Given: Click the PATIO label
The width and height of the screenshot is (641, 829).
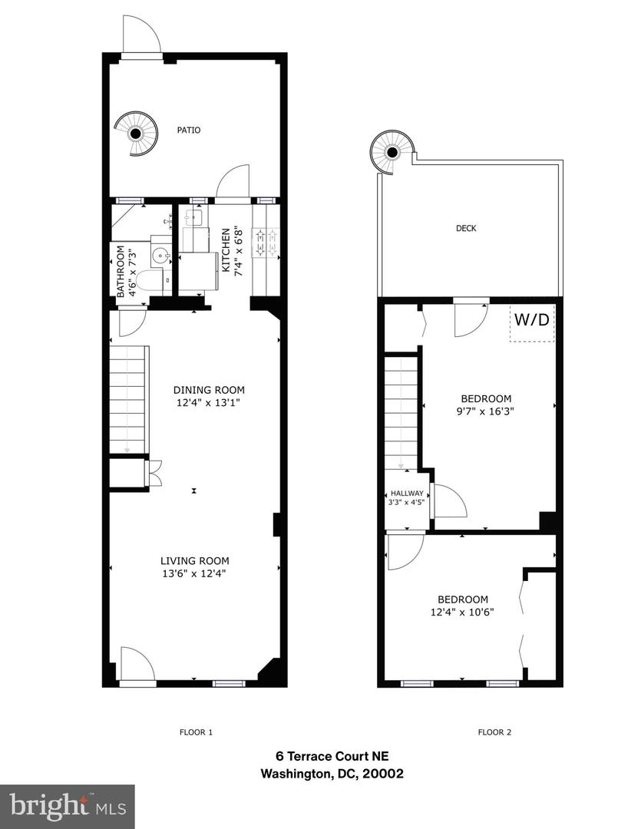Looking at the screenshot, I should (x=188, y=130).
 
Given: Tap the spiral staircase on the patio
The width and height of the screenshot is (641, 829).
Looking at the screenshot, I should (x=136, y=134).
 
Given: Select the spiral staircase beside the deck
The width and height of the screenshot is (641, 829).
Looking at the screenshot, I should (x=392, y=151).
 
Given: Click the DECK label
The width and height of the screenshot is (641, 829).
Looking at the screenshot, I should (x=466, y=228).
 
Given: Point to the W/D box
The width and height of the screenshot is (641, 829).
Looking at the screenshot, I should (x=532, y=321).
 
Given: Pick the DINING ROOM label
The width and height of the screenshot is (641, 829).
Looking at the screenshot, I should (x=203, y=389).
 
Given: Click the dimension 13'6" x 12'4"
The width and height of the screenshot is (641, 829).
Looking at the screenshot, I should (x=194, y=573).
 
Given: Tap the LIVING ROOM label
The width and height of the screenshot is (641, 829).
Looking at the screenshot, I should (x=194, y=560).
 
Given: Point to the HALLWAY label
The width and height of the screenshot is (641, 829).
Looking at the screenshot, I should (x=407, y=494).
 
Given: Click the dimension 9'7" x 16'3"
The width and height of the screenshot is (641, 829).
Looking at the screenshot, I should (x=485, y=411).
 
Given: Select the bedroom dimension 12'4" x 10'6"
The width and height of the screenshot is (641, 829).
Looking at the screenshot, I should (x=463, y=612).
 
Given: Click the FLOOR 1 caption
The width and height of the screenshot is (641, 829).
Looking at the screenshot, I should (x=196, y=732).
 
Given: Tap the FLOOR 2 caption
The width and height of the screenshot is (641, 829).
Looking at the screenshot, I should (x=494, y=732).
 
